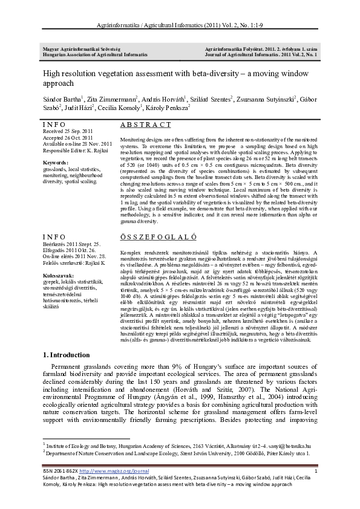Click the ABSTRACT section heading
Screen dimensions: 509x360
[146, 124]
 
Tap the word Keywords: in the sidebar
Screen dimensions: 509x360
[56, 163]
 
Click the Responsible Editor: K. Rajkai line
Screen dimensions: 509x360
[73, 149]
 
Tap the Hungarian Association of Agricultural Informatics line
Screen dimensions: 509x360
[91, 54]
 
